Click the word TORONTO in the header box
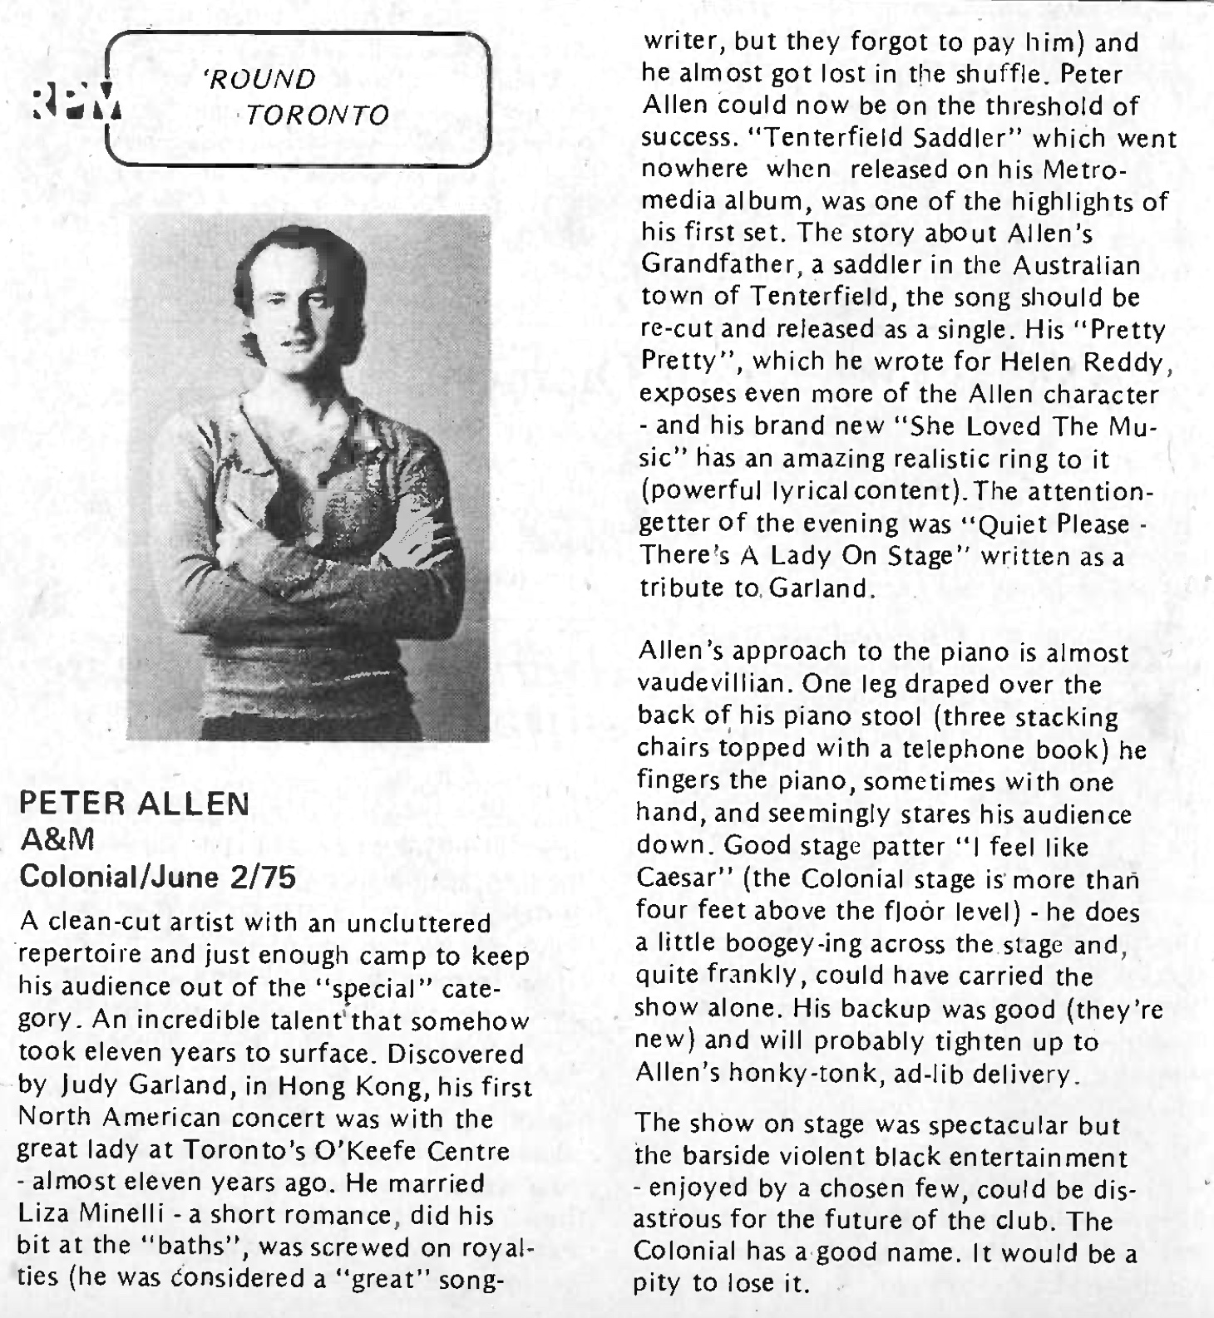coord(318,114)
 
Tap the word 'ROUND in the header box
coord(259,79)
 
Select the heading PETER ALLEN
coord(134,804)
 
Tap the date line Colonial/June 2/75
coord(157,877)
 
